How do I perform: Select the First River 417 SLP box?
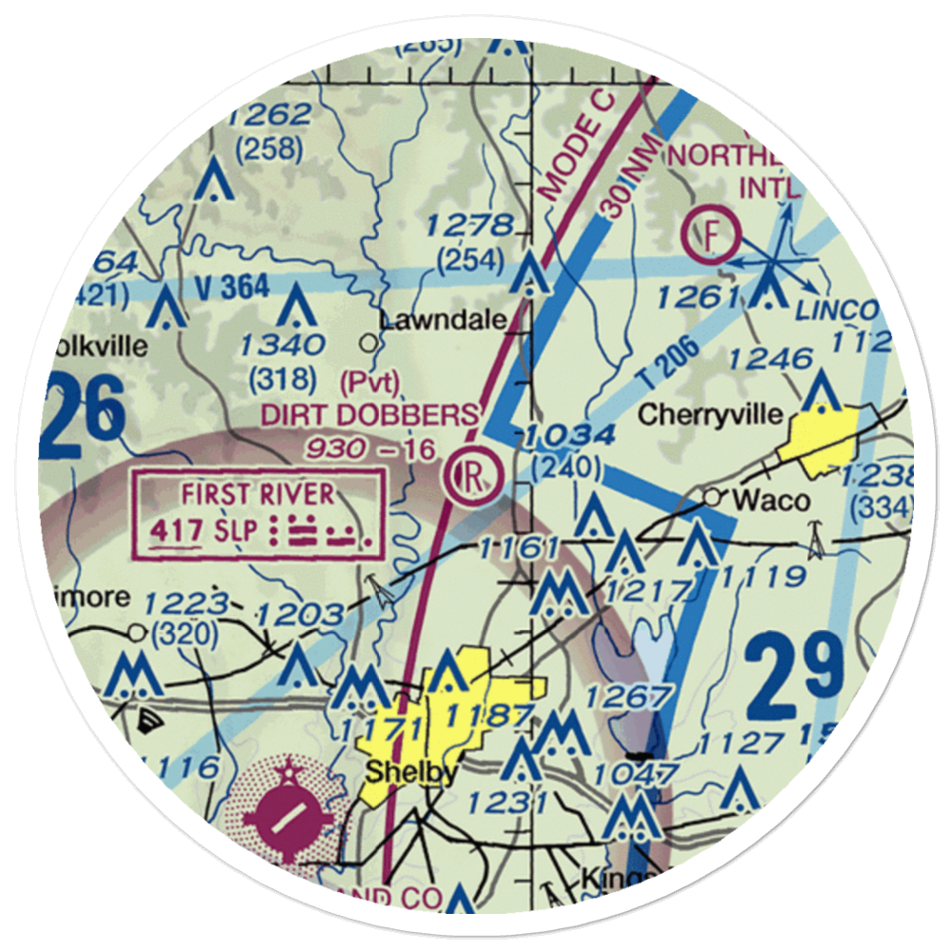[x=260, y=514]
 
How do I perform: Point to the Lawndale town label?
[x=442, y=321]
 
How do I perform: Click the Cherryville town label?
[x=711, y=414]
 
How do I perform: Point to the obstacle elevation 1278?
[x=468, y=227]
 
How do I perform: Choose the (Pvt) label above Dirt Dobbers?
[x=369, y=382]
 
